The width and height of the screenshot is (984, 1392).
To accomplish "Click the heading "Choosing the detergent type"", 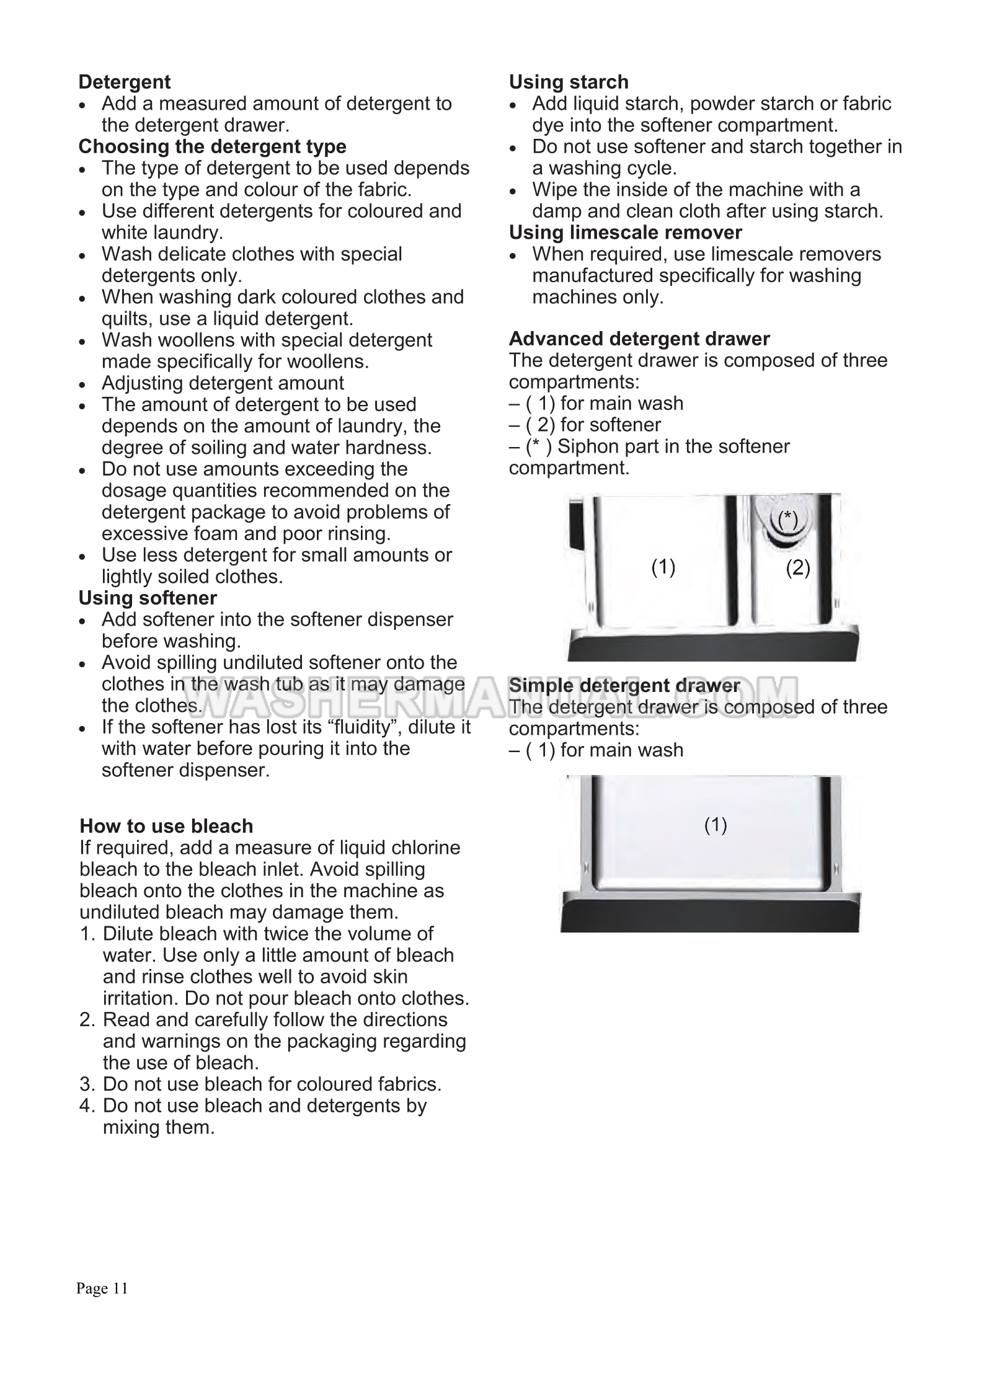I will point(212,147).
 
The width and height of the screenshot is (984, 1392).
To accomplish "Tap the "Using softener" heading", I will point(148,598).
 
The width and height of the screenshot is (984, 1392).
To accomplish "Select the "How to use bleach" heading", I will point(166,827).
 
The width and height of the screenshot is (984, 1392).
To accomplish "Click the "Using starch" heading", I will point(569,82).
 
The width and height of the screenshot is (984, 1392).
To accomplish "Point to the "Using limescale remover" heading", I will point(625,233).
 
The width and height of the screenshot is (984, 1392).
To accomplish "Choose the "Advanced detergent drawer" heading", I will point(639,339).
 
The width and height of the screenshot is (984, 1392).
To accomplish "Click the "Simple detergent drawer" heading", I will point(624,686).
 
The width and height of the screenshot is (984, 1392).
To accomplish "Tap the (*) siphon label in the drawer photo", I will point(787,518).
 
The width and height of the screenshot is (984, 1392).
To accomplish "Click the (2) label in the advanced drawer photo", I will point(798,567).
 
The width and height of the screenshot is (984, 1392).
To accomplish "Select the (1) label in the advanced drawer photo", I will point(663,567).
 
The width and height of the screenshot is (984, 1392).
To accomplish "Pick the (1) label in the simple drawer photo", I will point(716,825).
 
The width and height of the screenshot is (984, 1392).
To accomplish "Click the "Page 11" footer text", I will point(102,1289).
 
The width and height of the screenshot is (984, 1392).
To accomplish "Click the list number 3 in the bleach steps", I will point(86,1084).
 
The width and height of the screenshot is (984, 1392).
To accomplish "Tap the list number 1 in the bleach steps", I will point(86,934).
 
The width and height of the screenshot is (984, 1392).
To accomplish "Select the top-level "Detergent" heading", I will point(125,82).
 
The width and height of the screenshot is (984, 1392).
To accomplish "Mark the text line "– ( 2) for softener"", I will point(585,425).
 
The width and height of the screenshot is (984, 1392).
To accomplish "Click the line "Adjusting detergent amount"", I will point(223,383).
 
